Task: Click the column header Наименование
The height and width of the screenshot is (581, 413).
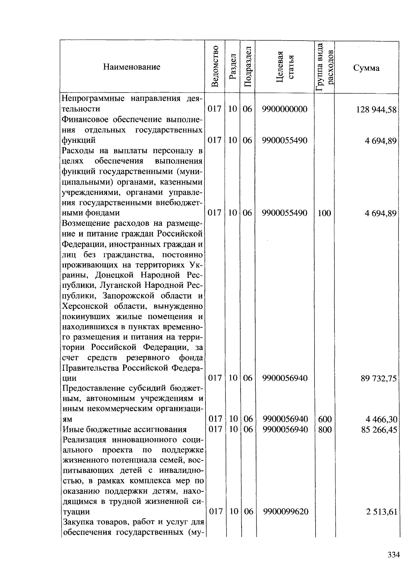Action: [x=131, y=67]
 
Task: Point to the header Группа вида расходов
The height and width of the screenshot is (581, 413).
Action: [x=325, y=67]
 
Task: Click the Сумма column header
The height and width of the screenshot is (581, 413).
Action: [x=366, y=68]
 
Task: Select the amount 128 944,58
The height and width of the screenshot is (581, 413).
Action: [x=376, y=110]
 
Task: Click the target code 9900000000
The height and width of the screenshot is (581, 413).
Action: [x=285, y=109]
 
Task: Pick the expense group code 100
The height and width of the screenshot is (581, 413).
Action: [x=324, y=213]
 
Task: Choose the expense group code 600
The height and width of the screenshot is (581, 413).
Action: [x=325, y=419]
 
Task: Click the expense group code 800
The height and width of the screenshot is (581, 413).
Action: [x=325, y=429]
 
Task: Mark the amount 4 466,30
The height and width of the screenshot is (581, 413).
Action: [x=381, y=419]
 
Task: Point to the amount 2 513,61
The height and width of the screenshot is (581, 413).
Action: [x=381, y=512]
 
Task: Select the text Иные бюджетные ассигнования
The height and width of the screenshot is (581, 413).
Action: [x=124, y=429]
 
